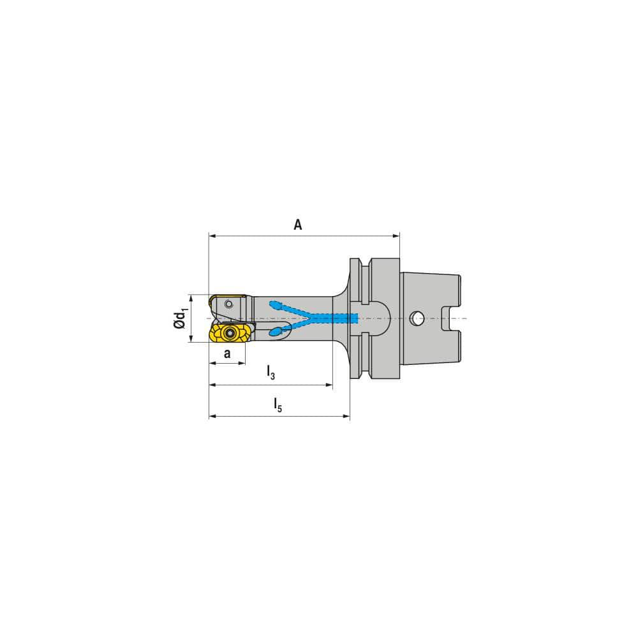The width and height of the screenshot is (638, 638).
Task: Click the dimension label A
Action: [297, 225]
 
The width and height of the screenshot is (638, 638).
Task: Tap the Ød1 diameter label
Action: [182, 318]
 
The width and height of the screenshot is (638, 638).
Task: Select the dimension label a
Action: [226, 353]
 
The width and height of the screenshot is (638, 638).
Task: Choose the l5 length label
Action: [278, 404]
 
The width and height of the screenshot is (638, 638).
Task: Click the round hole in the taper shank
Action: [417, 317]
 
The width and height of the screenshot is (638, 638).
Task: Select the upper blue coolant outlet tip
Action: [275, 304]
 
